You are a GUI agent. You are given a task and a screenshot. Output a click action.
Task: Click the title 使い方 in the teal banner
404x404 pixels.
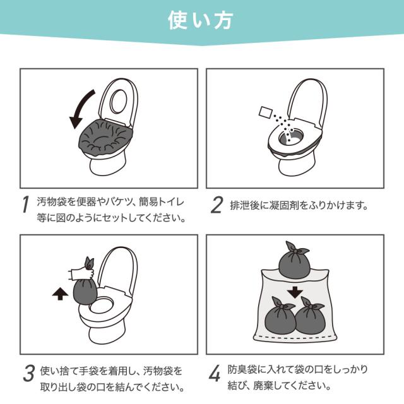tap(201, 21)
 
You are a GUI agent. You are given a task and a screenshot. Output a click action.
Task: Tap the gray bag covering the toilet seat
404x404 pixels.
tap(105, 138)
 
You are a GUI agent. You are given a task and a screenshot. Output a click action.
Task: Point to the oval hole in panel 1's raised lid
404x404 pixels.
tap(119, 101)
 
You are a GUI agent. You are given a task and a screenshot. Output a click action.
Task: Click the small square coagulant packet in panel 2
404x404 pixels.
tap(265, 112)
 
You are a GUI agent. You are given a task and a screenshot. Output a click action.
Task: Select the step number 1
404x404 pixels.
tap(25, 205)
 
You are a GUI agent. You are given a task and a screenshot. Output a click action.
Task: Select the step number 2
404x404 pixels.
tap(216, 205)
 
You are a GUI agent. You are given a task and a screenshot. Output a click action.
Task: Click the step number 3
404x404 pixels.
tap(28, 373)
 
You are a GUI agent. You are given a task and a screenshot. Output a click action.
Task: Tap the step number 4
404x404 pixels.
tap(215, 373)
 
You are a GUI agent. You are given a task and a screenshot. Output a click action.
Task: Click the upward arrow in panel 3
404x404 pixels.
tap(60, 294)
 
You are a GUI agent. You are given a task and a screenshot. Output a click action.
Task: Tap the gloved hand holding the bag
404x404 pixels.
tap(81, 273)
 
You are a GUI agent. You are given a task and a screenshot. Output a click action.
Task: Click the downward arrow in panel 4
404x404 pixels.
tap(295, 292)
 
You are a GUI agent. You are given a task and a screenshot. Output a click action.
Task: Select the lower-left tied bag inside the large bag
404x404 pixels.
tap(280, 317)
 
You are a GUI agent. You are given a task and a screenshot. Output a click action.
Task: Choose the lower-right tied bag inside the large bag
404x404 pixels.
tap(310, 317)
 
